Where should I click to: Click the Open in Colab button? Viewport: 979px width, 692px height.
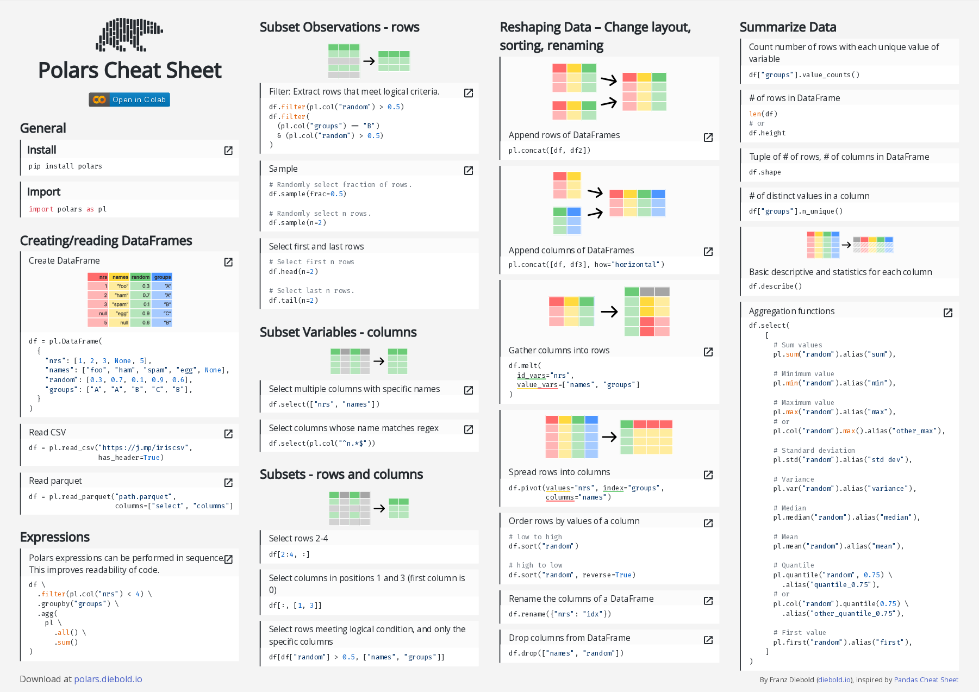[129, 99]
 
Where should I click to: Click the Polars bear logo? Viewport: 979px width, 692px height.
[129, 35]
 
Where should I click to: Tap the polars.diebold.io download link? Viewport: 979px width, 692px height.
[108, 679]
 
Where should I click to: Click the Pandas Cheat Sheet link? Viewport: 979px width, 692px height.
[926, 679]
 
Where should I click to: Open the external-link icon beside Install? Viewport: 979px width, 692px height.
[228, 151]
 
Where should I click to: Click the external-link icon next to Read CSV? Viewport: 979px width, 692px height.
[228, 433]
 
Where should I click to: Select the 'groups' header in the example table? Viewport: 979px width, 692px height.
[162, 277]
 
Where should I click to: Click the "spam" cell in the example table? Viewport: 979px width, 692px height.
[120, 304]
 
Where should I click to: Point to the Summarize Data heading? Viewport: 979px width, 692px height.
[788, 27]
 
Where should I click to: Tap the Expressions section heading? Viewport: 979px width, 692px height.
[55, 537]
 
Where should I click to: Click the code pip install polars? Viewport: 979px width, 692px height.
[65, 166]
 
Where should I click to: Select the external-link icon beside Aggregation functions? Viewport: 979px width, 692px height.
[947, 313]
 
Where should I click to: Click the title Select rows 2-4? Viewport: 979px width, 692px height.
[298, 538]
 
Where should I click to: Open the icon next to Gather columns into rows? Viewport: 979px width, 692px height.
[708, 352]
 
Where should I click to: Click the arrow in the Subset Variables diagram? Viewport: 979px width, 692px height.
[379, 361]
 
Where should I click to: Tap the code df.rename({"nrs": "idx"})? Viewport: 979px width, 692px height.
[560, 614]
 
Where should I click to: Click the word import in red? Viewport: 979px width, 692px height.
[41, 209]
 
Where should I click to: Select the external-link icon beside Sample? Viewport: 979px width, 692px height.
[468, 171]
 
